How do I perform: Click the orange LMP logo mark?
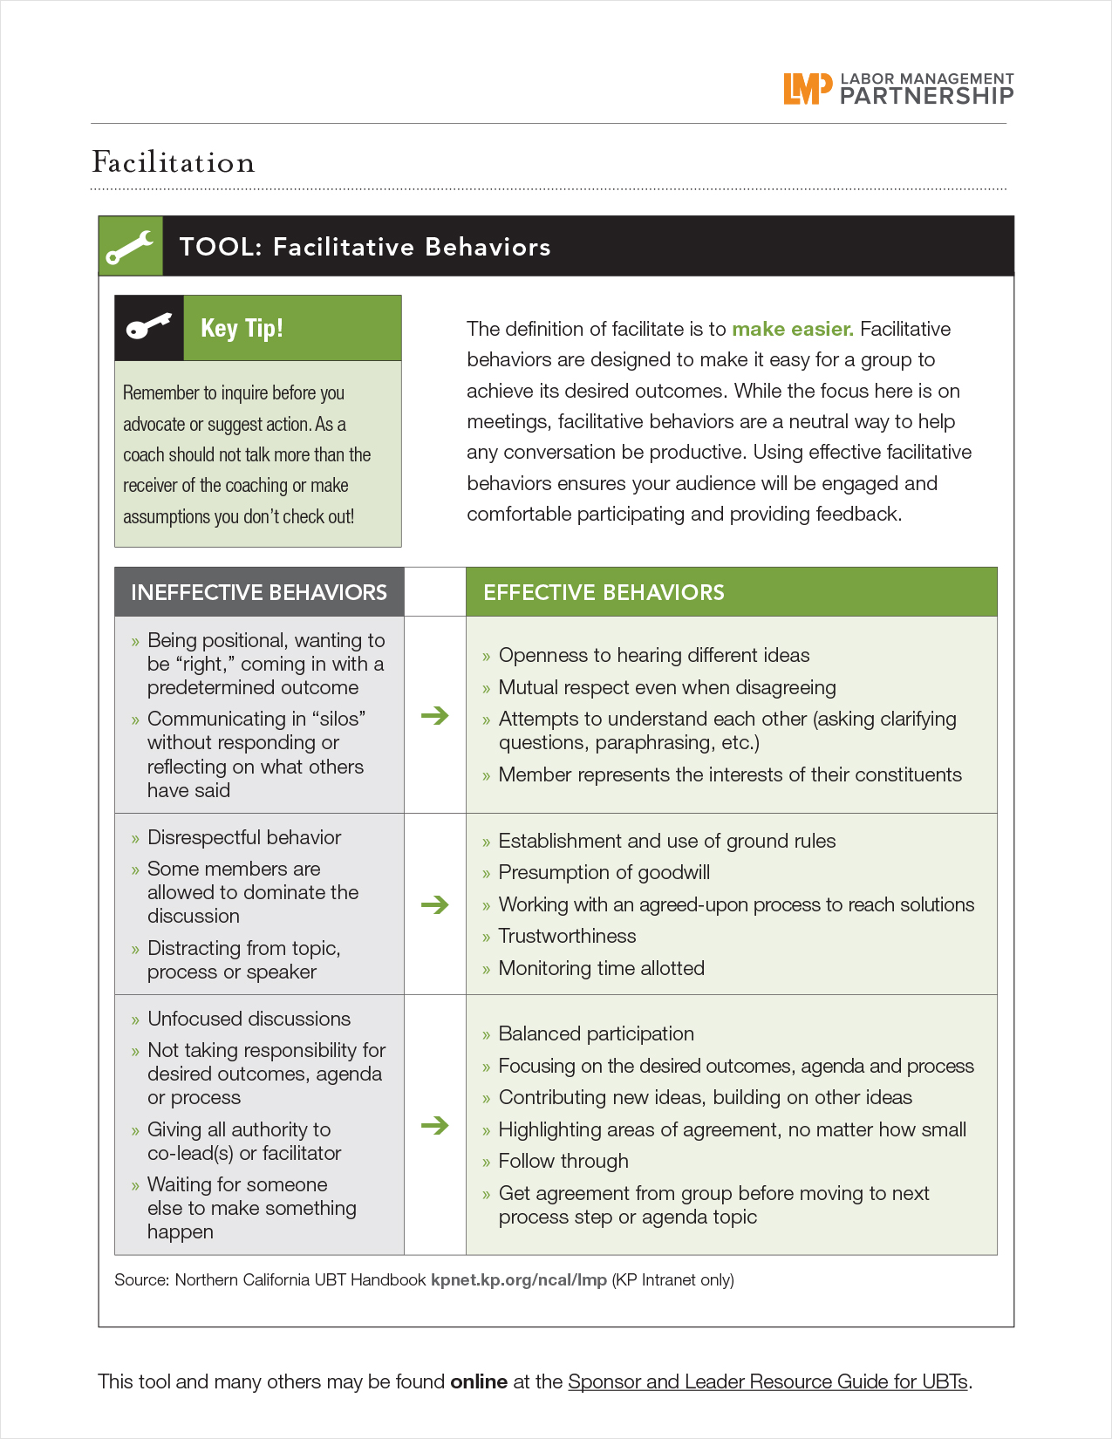coord(801,88)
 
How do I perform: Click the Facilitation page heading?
coord(174,162)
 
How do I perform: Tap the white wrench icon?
coord(130,247)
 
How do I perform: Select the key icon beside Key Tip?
coord(149,328)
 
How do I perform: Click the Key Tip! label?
coord(242,328)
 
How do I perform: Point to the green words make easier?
coord(792,329)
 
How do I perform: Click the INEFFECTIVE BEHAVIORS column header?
coord(258,592)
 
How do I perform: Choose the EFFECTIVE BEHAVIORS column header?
coord(604,592)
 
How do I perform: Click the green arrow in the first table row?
coord(434,715)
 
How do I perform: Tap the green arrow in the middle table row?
coord(434,904)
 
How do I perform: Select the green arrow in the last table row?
coord(434,1125)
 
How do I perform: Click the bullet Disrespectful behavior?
coord(243,837)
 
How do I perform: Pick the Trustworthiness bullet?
coord(567,936)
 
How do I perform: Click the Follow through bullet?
coord(563,1161)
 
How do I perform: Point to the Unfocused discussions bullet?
coord(249,1019)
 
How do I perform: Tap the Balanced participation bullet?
coord(596,1033)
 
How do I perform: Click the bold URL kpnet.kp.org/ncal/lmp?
coord(518,1279)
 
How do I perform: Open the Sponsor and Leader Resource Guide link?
coord(767,1381)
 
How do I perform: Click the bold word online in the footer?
coord(479,1381)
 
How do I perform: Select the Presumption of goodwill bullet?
coord(604,872)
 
